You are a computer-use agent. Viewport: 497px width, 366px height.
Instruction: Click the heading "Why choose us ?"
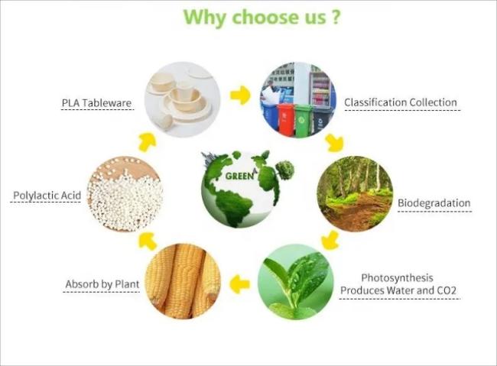click(x=262, y=17)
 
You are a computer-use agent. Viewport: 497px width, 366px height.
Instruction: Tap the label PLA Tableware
click(x=96, y=103)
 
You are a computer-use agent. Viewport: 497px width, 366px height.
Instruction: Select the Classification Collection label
click(x=401, y=102)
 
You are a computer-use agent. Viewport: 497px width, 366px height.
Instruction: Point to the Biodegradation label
click(x=434, y=202)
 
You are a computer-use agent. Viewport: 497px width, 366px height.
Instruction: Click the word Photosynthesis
click(x=397, y=278)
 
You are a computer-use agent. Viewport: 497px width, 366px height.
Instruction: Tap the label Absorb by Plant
click(x=102, y=284)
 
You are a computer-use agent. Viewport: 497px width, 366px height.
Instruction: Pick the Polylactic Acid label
click(x=47, y=196)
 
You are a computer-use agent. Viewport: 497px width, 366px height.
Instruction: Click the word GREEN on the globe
click(x=239, y=176)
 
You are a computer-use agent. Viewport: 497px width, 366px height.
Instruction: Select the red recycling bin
click(x=286, y=119)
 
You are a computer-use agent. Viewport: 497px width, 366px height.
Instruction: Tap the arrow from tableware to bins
click(x=240, y=95)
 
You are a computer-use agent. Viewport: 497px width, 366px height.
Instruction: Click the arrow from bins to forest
click(x=334, y=142)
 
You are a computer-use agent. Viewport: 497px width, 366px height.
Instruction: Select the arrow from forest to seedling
click(x=330, y=240)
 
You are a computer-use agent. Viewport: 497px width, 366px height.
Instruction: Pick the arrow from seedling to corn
click(x=239, y=284)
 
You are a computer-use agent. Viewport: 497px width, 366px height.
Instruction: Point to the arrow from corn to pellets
click(x=148, y=241)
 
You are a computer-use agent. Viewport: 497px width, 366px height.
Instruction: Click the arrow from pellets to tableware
click(x=148, y=142)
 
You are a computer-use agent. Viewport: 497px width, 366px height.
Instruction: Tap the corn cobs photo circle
click(x=183, y=281)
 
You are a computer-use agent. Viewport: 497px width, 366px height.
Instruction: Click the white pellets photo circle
click(x=125, y=194)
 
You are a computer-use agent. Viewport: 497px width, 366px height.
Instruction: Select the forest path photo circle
click(x=355, y=193)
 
